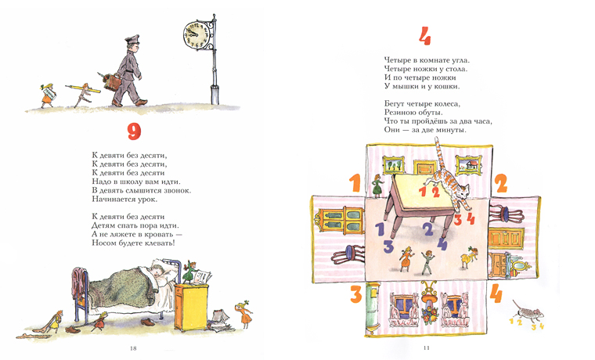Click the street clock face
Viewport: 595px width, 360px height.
(197, 34)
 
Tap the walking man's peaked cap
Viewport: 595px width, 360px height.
(132, 39)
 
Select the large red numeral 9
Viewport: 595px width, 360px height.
(134, 131)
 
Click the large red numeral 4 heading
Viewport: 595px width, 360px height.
(425, 37)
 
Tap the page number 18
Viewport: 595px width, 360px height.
(133, 347)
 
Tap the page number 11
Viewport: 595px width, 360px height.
(426, 347)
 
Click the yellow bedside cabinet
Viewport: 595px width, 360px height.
(191, 307)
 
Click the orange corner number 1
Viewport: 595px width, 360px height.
(355, 183)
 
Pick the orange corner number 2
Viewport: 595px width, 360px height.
(501, 184)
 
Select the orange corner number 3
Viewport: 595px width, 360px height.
(356, 294)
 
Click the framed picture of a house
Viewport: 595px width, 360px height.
(469, 165)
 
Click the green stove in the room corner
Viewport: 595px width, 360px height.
(373, 307)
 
